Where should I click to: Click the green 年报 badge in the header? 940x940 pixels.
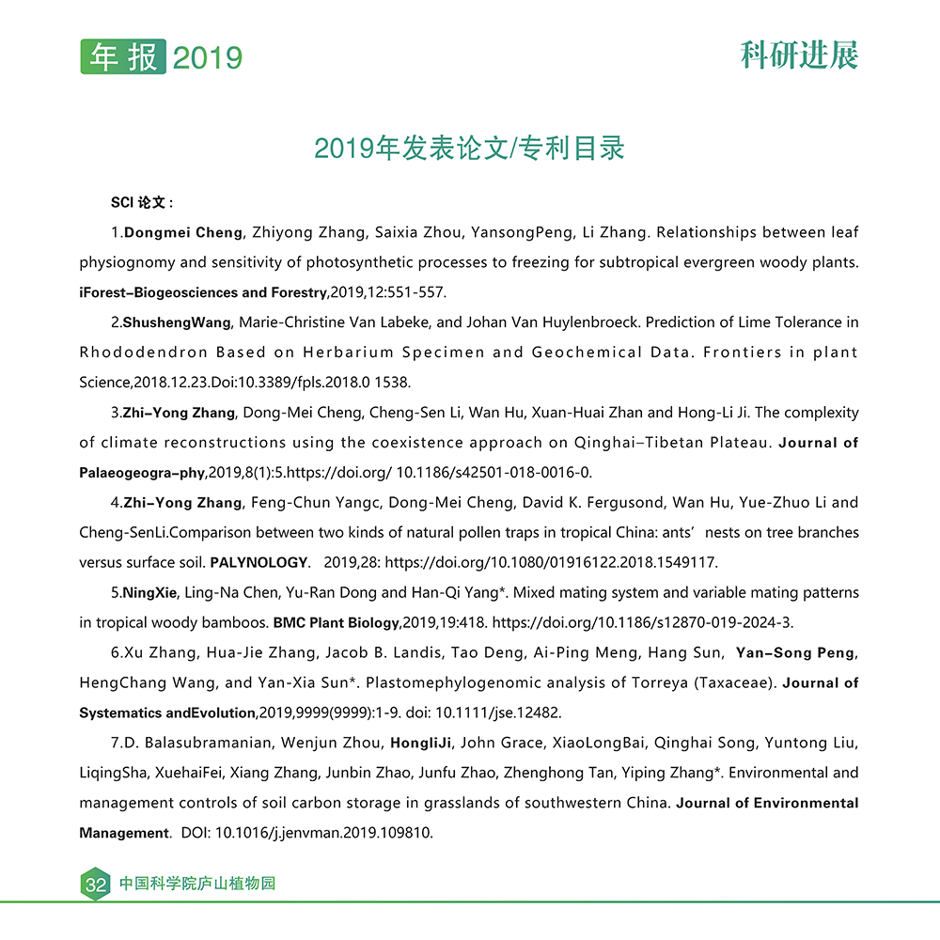coord(123,56)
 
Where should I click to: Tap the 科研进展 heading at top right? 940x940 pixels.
coord(799,55)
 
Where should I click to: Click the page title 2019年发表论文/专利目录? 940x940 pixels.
coord(469,149)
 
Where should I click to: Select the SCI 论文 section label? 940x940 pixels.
coord(142,202)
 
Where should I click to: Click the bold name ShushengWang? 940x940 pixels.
coord(177,322)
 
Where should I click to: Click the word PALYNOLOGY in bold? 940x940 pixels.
coord(259,563)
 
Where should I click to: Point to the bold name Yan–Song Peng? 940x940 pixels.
coord(796,652)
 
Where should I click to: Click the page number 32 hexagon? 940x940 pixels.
coord(95,885)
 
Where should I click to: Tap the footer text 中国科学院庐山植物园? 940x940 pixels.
coord(196,885)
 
